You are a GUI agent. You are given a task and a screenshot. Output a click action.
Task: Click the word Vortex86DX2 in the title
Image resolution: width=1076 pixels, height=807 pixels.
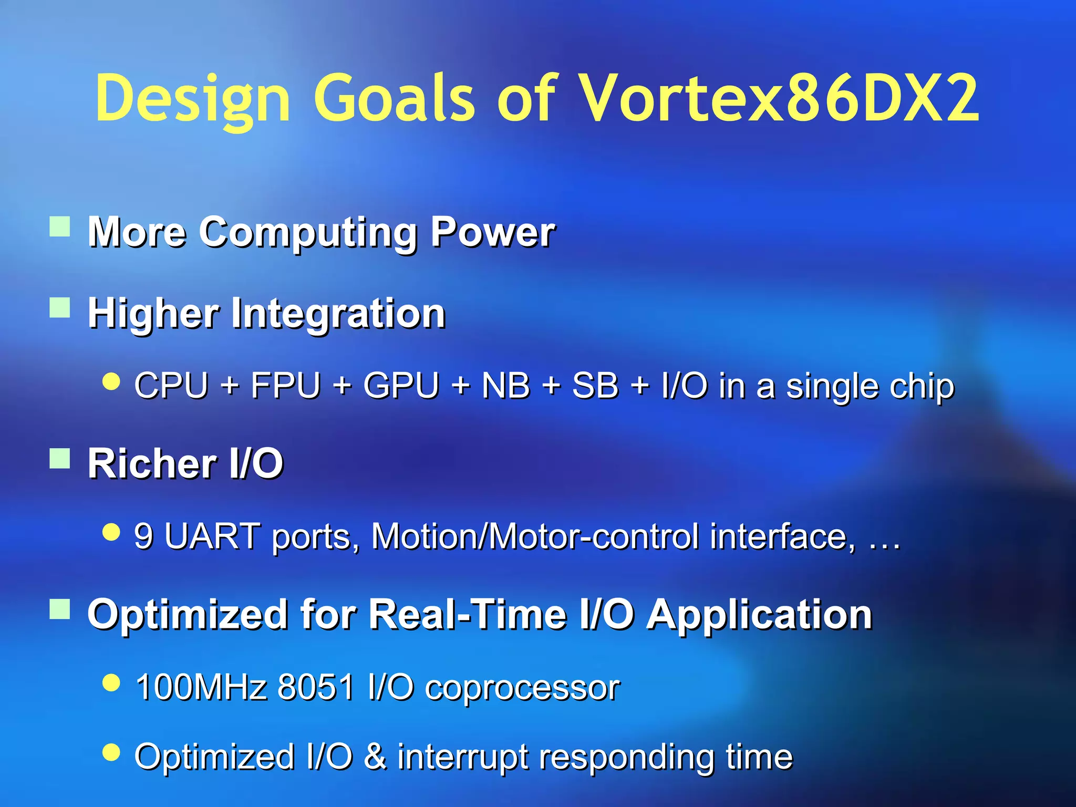click(x=780, y=99)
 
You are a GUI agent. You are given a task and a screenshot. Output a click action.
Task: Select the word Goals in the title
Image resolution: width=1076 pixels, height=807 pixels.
click(x=394, y=99)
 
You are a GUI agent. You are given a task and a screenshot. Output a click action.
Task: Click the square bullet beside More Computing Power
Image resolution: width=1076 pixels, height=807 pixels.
click(x=60, y=227)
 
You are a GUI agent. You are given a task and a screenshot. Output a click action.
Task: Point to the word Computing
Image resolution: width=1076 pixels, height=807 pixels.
click(x=308, y=233)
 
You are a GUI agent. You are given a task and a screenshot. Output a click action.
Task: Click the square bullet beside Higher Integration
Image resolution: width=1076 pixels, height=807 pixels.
click(x=60, y=308)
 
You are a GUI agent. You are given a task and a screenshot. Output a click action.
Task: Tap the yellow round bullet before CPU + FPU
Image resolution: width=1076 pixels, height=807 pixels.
click(x=111, y=381)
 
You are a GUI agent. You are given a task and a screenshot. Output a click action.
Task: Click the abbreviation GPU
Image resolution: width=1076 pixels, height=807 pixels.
click(x=400, y=386)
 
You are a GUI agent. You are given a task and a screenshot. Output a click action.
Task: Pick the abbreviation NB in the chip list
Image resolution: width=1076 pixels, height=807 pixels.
click(x=506, y=386)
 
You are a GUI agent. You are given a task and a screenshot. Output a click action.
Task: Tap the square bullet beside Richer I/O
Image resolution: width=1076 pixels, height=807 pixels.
click(x=60, y=458)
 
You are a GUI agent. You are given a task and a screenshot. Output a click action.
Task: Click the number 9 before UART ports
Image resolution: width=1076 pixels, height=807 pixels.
click(x=144, y=536)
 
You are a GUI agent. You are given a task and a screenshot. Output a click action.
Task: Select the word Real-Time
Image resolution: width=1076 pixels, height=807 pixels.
click(x=468, y=614)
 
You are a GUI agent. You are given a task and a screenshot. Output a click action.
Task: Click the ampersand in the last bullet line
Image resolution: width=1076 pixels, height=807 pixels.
click(x=375, y=757)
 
